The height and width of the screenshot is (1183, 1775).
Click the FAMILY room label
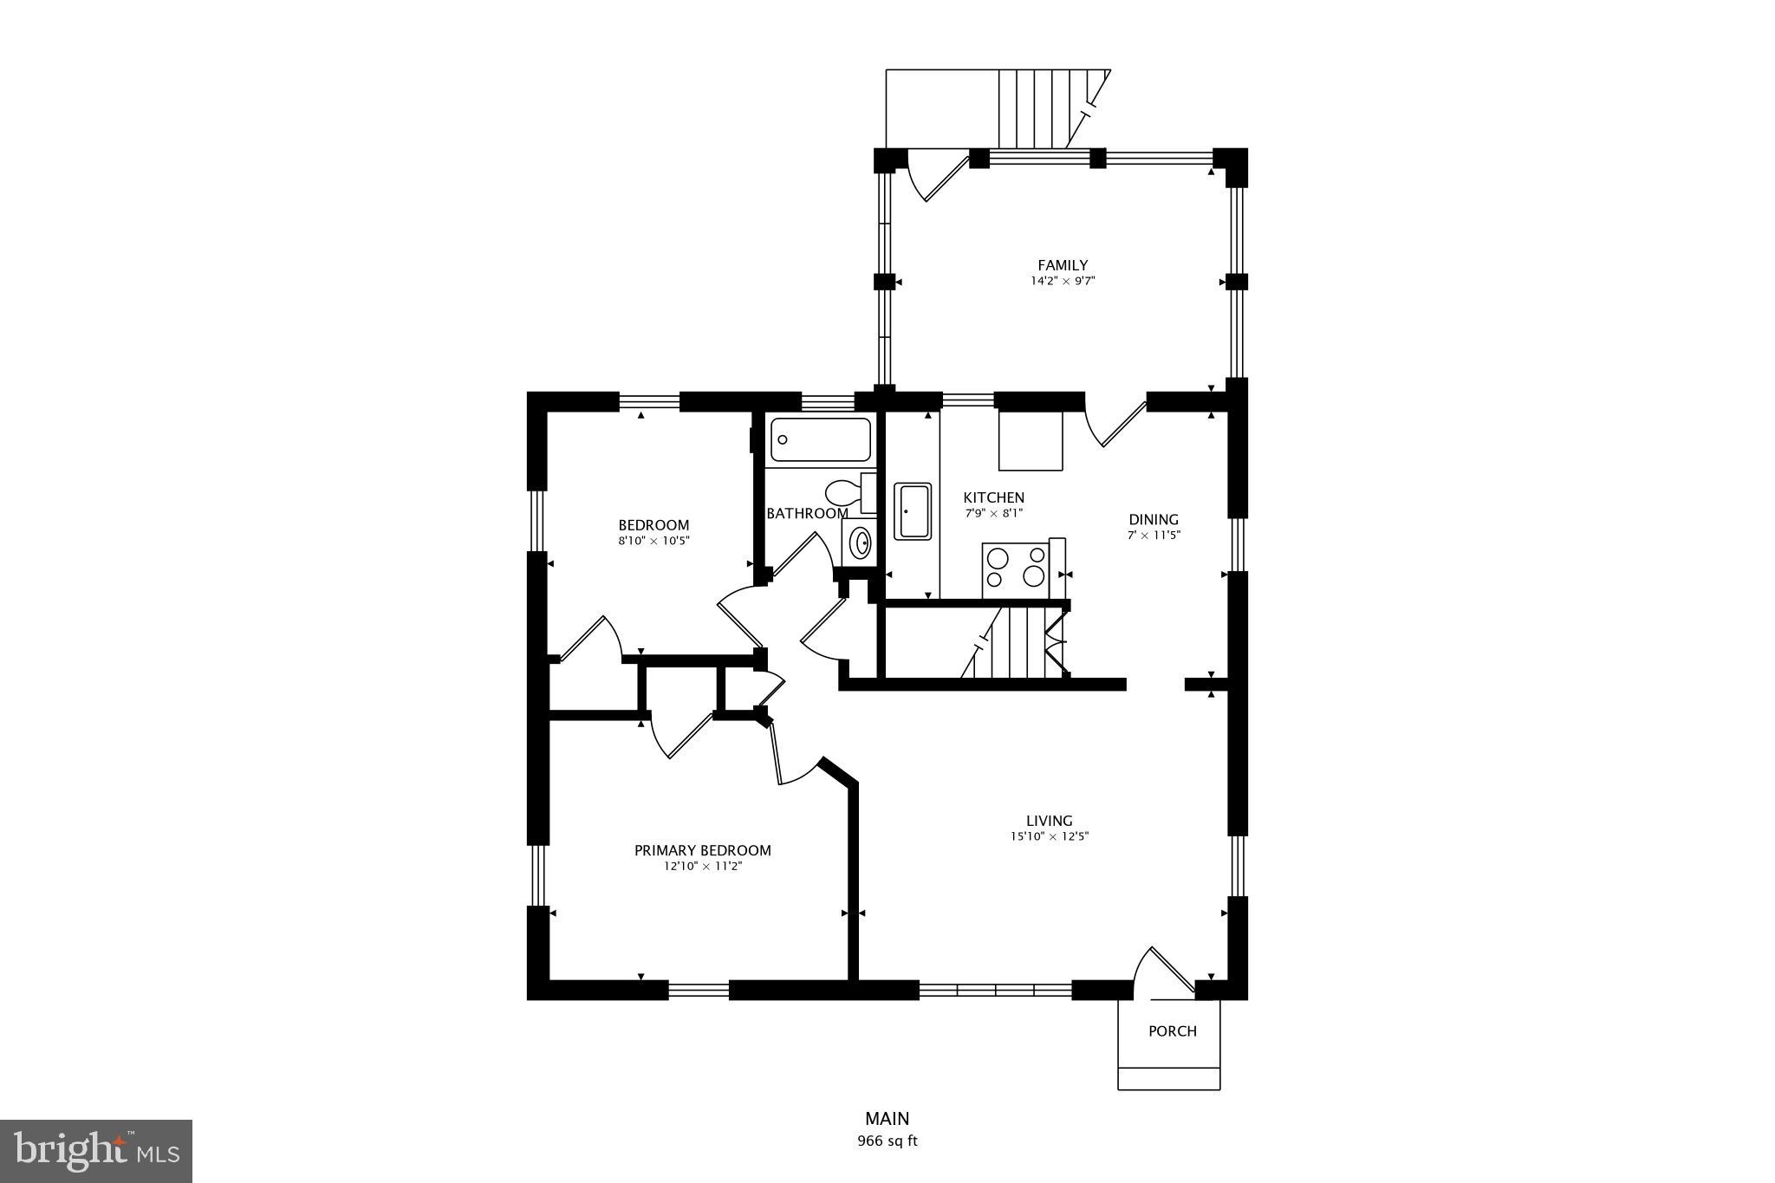[1062, 265]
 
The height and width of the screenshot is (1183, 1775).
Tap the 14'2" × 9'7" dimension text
[1062, 281]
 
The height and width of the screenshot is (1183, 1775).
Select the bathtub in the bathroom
[820, 439]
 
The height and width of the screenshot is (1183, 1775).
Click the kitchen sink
[913, 511]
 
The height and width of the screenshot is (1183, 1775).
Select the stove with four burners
[1015, 569]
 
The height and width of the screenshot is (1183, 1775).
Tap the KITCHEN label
[993, 497]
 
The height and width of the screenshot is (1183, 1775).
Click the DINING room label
[1153, 520]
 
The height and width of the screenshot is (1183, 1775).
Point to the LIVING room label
[1049, 821]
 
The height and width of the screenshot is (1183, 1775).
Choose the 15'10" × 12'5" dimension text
[1049, 836]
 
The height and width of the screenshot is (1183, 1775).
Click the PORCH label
[1172, 1031]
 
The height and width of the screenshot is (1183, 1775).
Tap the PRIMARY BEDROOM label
[702, 850]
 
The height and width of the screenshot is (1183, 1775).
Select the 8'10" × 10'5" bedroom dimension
[653, 541]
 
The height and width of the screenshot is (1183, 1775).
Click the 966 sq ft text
[887, 1141]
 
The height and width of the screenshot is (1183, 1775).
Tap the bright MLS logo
[95, 1151]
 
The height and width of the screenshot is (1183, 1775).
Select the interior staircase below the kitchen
[1014, 642]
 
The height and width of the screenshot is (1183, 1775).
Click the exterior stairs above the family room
[1040, 108]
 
